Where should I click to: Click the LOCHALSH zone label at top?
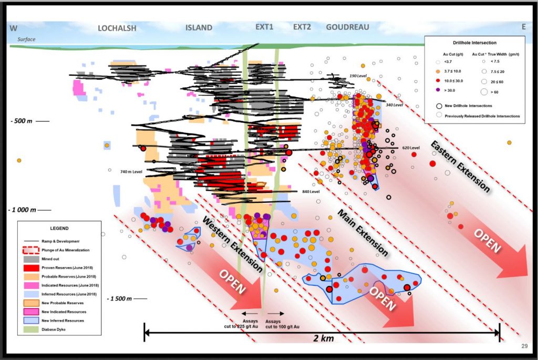tap(117, 28)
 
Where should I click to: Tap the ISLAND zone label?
tap(199, 28)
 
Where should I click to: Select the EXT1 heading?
tap(264, 27)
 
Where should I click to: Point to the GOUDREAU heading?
tap(347, 27)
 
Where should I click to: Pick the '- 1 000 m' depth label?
tap(22, 209)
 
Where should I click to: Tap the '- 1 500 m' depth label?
tap(122, 299)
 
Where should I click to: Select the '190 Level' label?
tap(357, 77)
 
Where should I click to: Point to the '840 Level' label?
tap(311, 192)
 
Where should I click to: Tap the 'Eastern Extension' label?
tap(460, 166)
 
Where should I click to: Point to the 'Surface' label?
tap(26, 39)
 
